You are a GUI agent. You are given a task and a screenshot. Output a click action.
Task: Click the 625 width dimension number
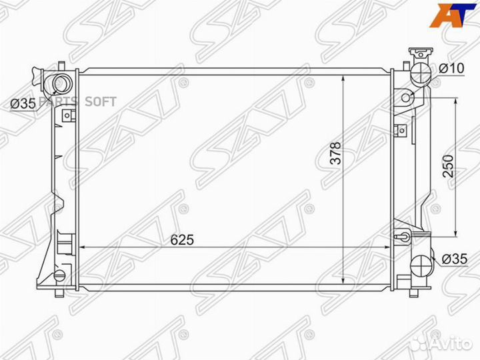pos(181,240)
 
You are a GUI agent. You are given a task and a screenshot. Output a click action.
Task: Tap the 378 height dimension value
pos(335,157)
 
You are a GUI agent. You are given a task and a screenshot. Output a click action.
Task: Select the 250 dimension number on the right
pos(447,165)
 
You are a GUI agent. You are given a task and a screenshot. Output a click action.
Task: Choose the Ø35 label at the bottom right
pos(453,259)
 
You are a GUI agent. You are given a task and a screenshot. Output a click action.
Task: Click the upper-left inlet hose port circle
pos(61,84)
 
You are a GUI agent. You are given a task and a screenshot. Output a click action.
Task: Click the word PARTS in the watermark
pos(59,102)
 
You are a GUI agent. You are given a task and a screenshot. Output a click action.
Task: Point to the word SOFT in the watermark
pos(101,102)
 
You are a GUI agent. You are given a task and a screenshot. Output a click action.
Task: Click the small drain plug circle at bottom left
pos(59,275)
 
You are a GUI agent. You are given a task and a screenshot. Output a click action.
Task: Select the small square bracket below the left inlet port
pos(66,116)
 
